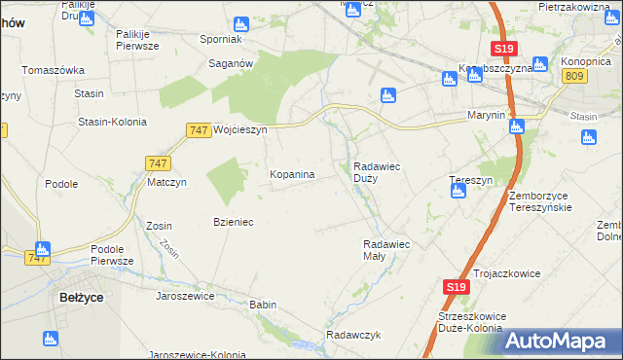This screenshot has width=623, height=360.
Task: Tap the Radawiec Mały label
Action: point(387,250)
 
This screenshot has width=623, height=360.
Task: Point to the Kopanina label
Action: point(292,174)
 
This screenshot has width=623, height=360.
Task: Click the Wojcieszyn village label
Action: point(238,128)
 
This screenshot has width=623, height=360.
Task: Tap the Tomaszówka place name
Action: point(55,70)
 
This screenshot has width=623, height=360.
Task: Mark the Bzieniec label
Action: point(234,222)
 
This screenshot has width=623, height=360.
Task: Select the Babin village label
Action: point(263,305)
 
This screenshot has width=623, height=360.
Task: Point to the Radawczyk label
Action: point(352,335)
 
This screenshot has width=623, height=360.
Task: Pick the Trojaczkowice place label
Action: point(508,273)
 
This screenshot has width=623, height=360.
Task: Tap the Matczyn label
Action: point(166,182)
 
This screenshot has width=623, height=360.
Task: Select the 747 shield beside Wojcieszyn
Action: point(199,129)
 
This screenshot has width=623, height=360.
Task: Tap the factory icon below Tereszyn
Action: point(458,191)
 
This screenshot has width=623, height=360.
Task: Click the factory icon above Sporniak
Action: point(241,22)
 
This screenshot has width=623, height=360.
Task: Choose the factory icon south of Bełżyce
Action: point(51,339)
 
